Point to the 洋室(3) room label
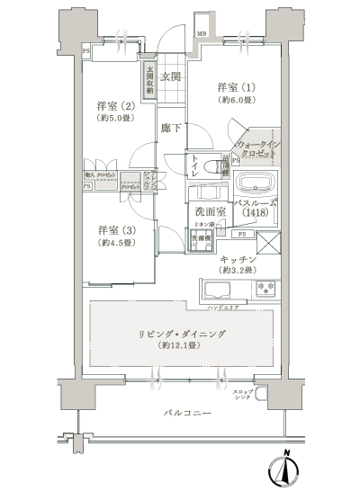tap(116, 228)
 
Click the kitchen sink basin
tap(218, 290)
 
